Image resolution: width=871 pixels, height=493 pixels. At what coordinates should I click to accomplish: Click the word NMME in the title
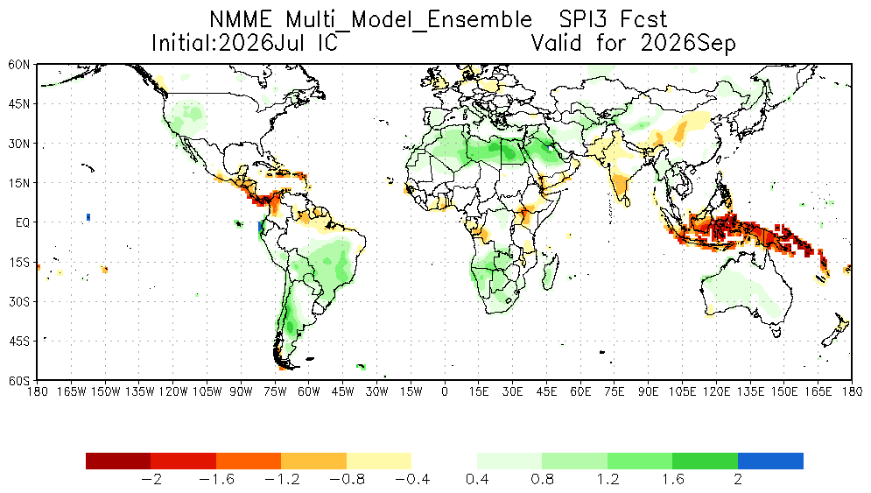coord(241,19)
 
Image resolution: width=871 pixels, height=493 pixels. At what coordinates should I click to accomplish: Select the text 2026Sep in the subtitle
coord(688,44)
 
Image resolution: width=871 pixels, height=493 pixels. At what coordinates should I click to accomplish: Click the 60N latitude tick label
coord(19,65)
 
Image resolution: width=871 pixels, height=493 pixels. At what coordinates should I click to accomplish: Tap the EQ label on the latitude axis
coord(23,223)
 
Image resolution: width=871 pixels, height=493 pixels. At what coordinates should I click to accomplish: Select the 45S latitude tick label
coord(19,342)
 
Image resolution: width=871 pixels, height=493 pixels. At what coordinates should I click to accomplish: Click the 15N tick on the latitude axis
coord(19,183)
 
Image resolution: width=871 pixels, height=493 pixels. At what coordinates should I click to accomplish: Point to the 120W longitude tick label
coord(173,391)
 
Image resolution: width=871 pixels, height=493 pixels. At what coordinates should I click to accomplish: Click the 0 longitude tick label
coord(445,391)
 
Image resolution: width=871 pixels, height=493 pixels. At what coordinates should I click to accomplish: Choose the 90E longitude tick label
coord(649,391)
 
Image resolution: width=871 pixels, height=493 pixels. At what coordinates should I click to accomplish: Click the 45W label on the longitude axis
coord(343,391)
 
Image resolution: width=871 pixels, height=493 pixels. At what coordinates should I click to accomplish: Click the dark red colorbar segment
coord(118,461)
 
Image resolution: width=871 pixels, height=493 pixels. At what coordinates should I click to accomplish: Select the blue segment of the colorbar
coord(770,461)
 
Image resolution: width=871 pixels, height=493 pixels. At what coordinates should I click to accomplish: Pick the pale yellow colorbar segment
coord(379,461)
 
